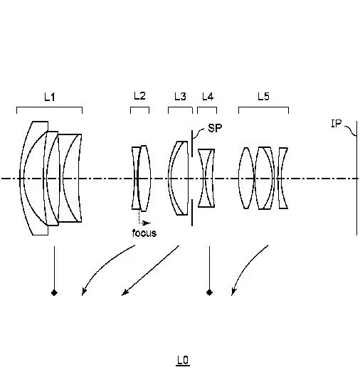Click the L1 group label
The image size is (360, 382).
coord(50,97)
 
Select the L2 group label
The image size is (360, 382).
coord(139,96)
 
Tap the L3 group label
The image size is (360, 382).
coord(181,97)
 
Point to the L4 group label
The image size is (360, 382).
coord(208,97)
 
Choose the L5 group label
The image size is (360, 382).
coord(263,97)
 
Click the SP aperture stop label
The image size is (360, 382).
coord(215,128)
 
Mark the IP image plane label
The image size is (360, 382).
coord(337,124)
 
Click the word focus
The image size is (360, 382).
coord(144,233)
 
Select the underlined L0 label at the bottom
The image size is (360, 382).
coord(183,361)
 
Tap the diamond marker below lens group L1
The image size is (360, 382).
coord(54,292)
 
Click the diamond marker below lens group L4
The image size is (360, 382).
coord(209,292)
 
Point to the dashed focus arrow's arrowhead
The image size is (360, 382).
coord(147,223)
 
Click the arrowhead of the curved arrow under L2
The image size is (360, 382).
coord(84,292)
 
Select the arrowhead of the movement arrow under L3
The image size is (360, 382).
coord(125,292)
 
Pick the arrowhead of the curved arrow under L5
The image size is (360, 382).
coord(233,292)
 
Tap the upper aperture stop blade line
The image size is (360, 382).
coord(192,144)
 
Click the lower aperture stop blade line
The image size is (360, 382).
coord(192,213)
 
